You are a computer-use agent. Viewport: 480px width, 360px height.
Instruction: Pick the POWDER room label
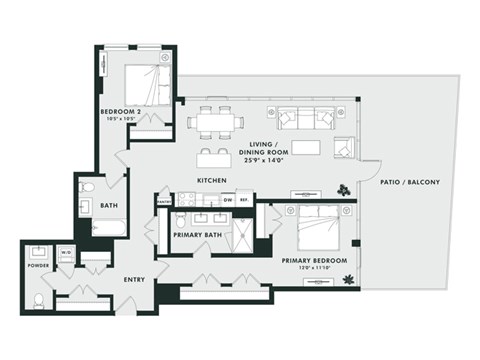click(x=38, y=267)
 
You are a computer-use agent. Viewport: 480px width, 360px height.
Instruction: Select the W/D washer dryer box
click(x=66, y=254)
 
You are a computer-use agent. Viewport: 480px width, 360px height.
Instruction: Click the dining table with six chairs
click(x=214, y=121)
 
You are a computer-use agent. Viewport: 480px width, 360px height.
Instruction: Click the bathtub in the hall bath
click(x=109, y=227)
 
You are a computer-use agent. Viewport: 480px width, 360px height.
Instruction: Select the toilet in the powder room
click(x=38, y=299)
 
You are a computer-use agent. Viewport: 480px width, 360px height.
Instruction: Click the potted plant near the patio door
click(x=344, y=188)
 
